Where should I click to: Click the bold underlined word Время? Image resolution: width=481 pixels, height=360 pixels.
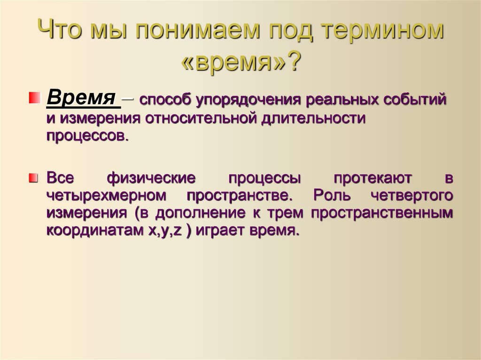click(81, 99)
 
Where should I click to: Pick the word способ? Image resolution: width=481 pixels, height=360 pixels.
click(164, 100)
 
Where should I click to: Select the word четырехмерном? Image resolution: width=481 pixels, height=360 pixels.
click(107, 195)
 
